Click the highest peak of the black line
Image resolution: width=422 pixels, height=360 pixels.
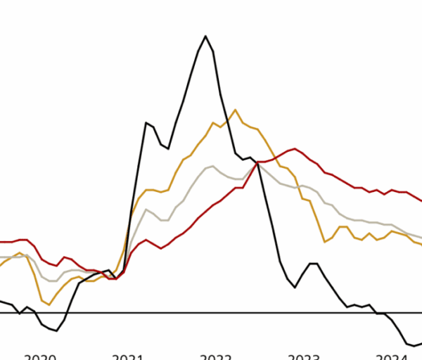pos(205,36)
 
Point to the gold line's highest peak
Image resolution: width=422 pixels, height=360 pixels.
pos(235,110)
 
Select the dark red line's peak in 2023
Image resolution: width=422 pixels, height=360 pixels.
pos(294,149)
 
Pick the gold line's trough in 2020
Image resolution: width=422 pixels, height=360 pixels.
pos(49,304)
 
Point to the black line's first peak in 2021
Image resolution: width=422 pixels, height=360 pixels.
pos(146,123)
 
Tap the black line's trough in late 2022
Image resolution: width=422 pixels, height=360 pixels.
pos(295,288)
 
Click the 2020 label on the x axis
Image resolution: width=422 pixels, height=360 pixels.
pos(40,356)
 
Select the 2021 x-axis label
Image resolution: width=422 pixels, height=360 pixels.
pos(127,356)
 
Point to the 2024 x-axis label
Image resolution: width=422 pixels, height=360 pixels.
pos(392,356)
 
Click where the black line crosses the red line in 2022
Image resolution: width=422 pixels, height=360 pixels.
pos(257,163)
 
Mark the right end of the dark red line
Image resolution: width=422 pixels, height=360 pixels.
pos(421,201)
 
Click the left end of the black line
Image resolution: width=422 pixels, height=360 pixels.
pos(1,301)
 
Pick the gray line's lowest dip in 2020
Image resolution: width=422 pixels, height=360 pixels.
pos(52,281)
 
